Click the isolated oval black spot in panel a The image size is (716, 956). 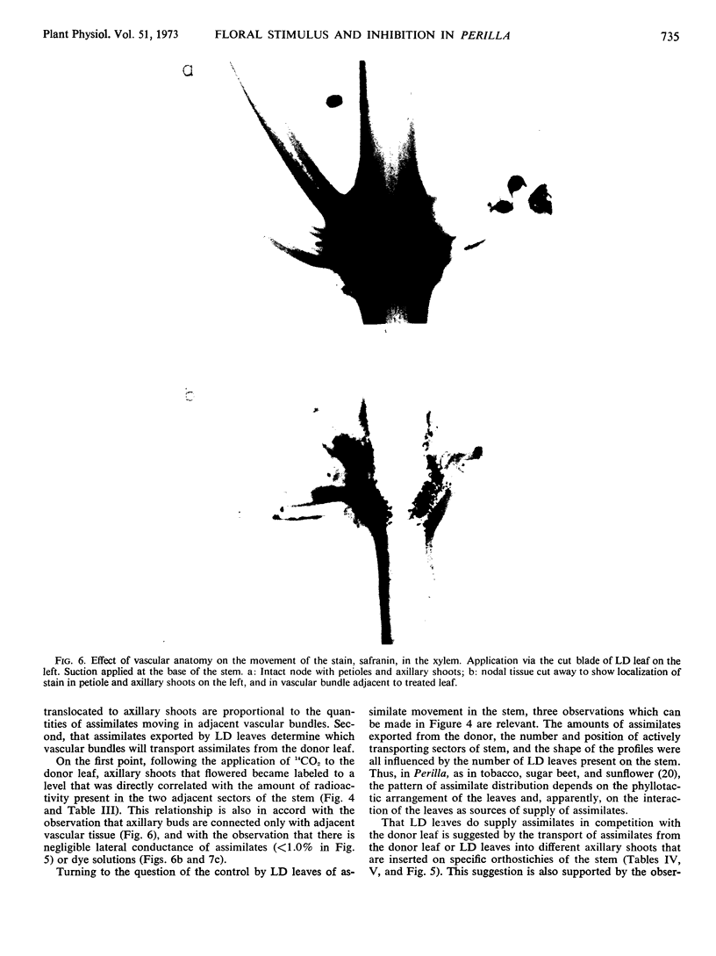[333, 102]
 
